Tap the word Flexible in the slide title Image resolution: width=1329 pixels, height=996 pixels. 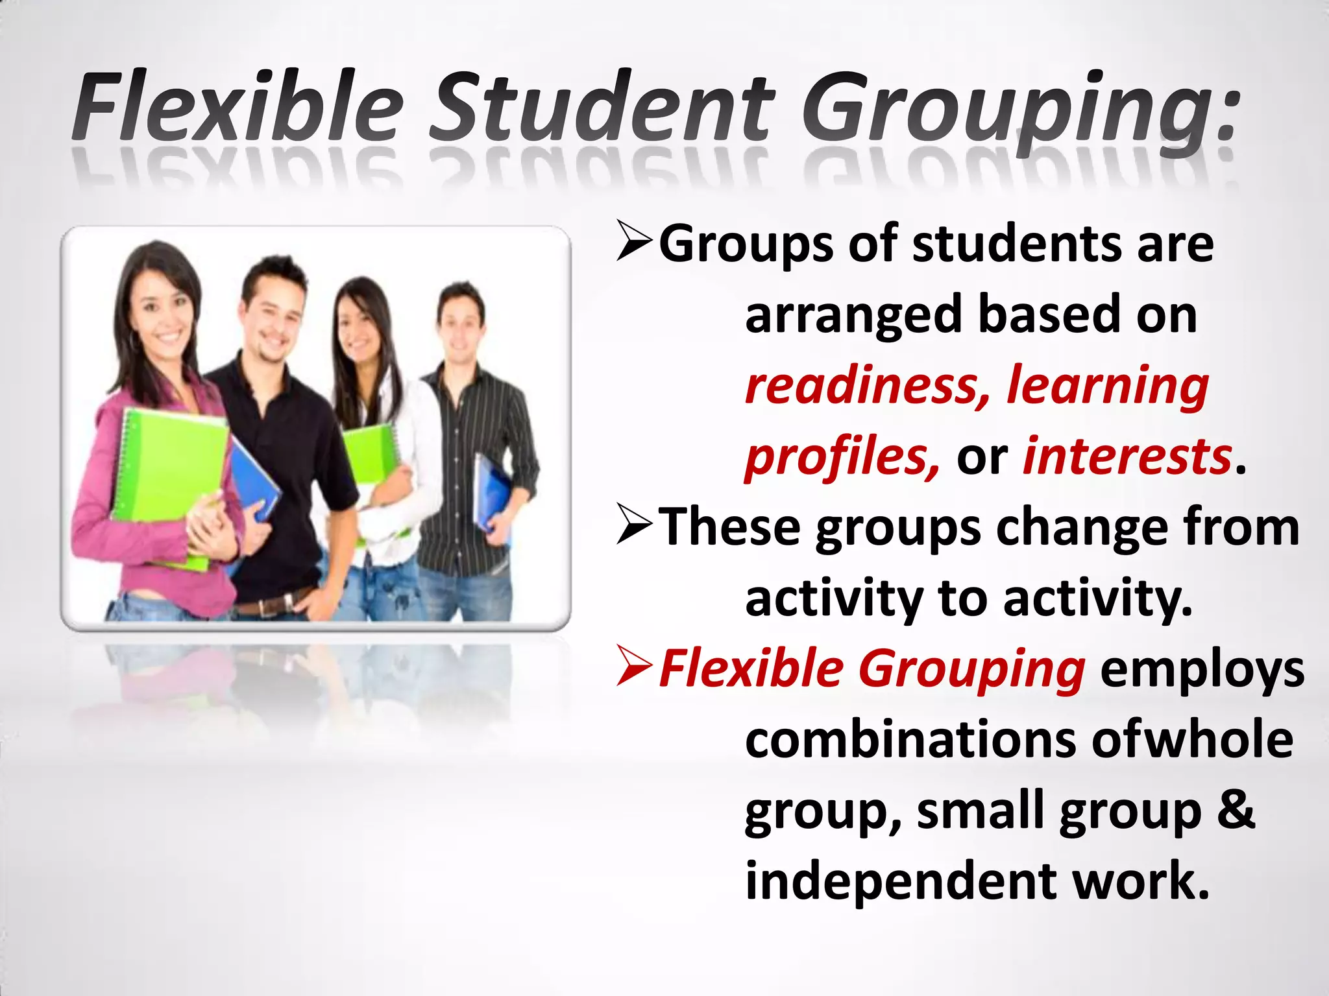[x=238, y=107]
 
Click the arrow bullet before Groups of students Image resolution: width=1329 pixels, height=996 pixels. [x=635, y=242]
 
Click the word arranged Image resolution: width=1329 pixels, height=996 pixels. [x=853, y=316]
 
